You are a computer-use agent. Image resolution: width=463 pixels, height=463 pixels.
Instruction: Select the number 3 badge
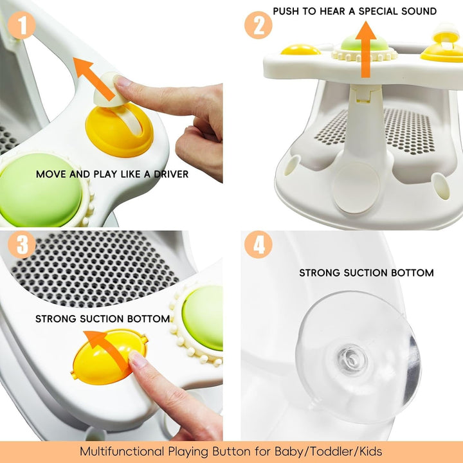21,246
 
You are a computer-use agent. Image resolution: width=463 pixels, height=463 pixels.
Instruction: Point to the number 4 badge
257,246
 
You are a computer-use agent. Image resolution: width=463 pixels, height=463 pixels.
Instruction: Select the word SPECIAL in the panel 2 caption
368,11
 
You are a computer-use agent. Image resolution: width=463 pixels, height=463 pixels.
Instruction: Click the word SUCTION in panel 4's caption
365,273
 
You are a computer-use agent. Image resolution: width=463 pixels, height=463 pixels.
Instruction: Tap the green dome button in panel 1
42,189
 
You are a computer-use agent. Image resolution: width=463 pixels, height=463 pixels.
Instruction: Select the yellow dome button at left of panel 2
300,49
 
